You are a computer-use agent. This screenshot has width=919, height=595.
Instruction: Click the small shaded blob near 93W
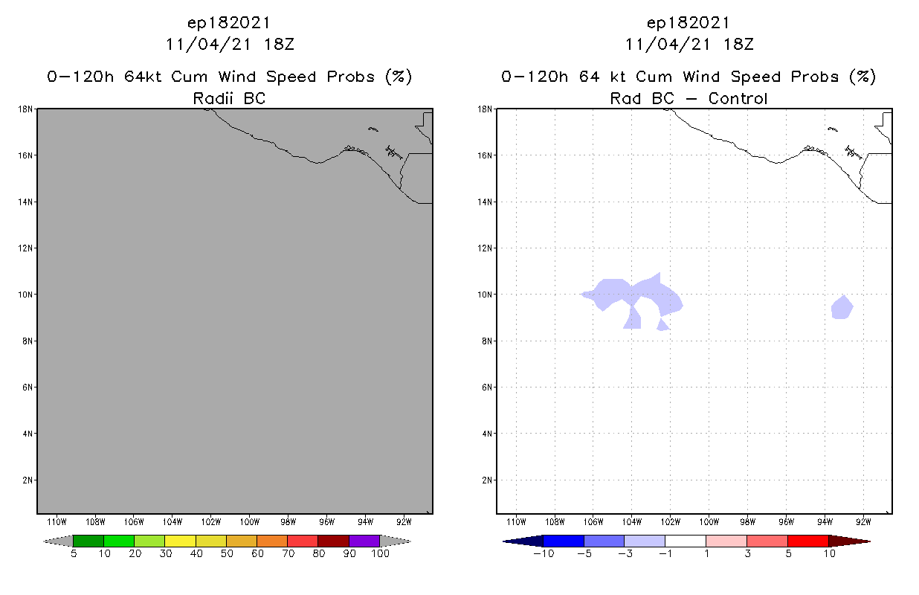[x=842, y=307]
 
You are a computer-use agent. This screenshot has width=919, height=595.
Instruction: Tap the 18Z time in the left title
[x=280, y=44]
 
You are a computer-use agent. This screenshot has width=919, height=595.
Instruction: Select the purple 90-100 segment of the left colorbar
[x=364, y=541]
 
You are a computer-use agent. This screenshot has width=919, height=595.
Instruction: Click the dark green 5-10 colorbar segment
[x=88, y=541]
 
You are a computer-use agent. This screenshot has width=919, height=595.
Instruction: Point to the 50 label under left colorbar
[x=227, y=554]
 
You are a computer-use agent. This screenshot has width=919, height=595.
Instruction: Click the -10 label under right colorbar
[x=544, y=554]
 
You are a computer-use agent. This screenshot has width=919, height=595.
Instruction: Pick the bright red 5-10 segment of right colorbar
[x=807, y=541]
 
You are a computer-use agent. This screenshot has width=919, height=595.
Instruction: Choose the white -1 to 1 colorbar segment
[x=686, y=541]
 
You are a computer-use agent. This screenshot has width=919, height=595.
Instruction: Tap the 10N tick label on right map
[x=484, y=295]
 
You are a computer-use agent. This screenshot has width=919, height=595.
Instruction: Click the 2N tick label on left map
[x=27, y=480]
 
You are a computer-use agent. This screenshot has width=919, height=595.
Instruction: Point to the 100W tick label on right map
[x=709, y=521]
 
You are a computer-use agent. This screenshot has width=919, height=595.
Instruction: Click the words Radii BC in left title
[x=229, y=98]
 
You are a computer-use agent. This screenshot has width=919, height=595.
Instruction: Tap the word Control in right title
[x=738, y=98]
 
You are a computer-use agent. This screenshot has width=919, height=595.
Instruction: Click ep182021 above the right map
[x=689, y=22]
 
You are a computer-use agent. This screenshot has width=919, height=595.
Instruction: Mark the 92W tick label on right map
[x=863, y=521]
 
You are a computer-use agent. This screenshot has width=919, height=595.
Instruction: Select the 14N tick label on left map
[x=25, y=202]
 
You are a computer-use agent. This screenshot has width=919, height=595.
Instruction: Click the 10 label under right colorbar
[x=828, y=554]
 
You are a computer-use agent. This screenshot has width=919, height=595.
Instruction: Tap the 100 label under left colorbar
[x=380, y=554]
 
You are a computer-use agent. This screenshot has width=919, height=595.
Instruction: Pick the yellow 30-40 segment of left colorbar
[x=180, y=541]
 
